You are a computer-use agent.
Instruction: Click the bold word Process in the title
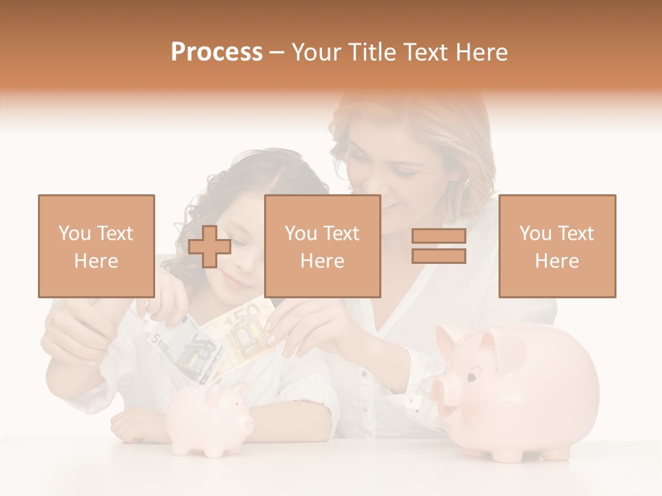point(217,52)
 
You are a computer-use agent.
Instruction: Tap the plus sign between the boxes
point(210,247)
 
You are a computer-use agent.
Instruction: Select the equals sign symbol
point(439,246)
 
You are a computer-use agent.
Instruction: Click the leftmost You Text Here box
point(96,246)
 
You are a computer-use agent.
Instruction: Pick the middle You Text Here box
point(322,246)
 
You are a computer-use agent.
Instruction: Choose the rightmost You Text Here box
point(556,246)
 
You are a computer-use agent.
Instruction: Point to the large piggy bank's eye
point(472,376)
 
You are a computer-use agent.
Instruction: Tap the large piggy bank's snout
point(441,393)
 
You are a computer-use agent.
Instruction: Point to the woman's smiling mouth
point(391,205)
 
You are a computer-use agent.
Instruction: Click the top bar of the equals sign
point(439,236)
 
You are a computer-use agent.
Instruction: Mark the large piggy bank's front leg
point(500,451)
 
